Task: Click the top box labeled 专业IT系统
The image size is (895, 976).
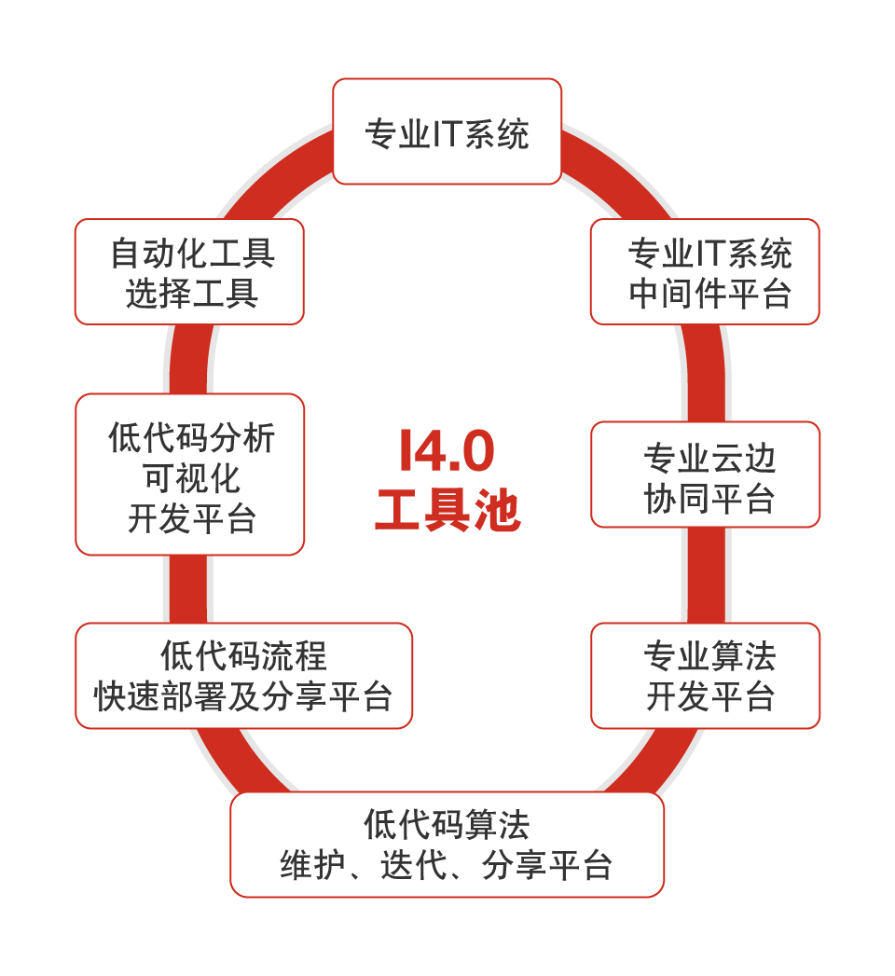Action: point(447,131)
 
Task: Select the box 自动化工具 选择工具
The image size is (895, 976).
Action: point(189,272)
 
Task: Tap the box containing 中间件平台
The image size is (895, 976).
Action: point(705,272)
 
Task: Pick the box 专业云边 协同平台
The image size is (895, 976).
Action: point(706,474)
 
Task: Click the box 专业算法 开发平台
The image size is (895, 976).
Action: point(706,676)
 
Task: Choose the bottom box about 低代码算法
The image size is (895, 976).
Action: point(447,845)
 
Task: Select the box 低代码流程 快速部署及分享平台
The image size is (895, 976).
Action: point(243,676)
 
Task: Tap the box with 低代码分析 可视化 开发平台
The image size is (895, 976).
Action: point(189,474)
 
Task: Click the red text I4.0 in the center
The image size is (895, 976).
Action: point(447,451)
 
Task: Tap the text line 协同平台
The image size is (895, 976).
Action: point(709,499)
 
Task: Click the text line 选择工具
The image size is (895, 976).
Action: point(192,294)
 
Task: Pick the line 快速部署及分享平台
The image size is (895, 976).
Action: point(243,696)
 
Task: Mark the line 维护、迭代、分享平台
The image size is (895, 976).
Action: point(447,866)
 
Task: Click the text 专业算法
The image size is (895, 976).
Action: point(709,656)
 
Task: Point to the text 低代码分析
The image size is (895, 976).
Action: point(192,437)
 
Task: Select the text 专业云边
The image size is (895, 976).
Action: point(709,458)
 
